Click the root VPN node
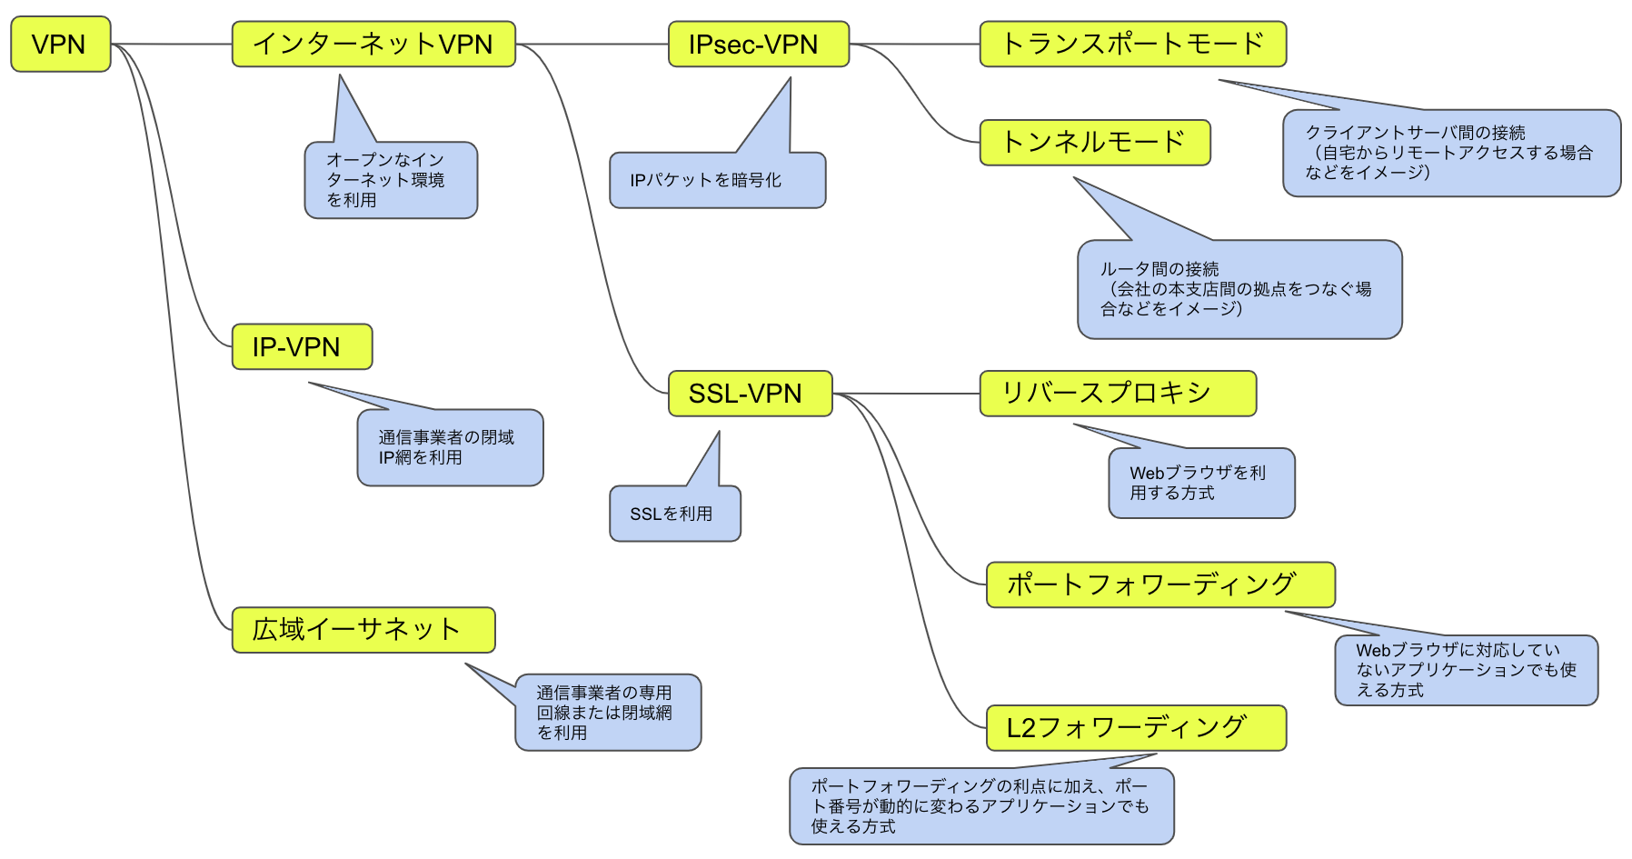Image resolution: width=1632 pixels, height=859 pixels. pyautogui.click(x=60, y=44)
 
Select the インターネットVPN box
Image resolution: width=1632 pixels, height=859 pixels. pyautogui.click(x=373, y=45)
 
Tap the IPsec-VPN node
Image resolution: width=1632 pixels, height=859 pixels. pyautogui.click(x=758, y=45)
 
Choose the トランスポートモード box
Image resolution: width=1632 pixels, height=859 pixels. pyautogui.click(x=1132, y=45)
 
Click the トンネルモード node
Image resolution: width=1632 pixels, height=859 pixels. pyautogui.click(x=1094, y=143)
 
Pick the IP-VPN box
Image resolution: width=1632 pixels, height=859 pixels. pyautogui.click(x=302, y=346)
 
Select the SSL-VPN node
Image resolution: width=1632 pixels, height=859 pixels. pyautogui.click(x=750, y=394)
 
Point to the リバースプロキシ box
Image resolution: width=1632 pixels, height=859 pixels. pyautogui.click(x=1117, y=394)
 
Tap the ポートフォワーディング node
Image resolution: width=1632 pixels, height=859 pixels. pyautogui.click(x=1159, y=584)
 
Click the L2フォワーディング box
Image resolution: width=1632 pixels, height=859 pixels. pyautogui.click(x=1135, y=728)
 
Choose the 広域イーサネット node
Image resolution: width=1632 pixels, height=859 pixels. pyautogui.click(x=363, y=630)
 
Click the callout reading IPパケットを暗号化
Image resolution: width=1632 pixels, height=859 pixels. pyautogui.click(x=717, y=180)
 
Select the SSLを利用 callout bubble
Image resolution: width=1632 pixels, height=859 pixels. pyautogui.click(x=674, y=514)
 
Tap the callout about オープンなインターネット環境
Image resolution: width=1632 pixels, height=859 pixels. pyautogui.click(x=391, y=180)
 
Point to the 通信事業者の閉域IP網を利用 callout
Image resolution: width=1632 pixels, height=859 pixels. pyautogui.click(x=450, y=447)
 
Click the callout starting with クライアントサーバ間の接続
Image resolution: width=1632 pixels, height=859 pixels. pyautogui.click(x=1451, y=153)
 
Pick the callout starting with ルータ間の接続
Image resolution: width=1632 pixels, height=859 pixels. pyautogui.click(x=1239, y=289)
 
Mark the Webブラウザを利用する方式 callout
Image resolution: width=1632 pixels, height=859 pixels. pyautogui.click(x=1200, y=483)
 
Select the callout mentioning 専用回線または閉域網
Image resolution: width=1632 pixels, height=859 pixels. pyautogui.click(x=608, y=713)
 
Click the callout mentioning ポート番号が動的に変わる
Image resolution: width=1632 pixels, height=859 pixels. pyautogui.click(x=980, y=806)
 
